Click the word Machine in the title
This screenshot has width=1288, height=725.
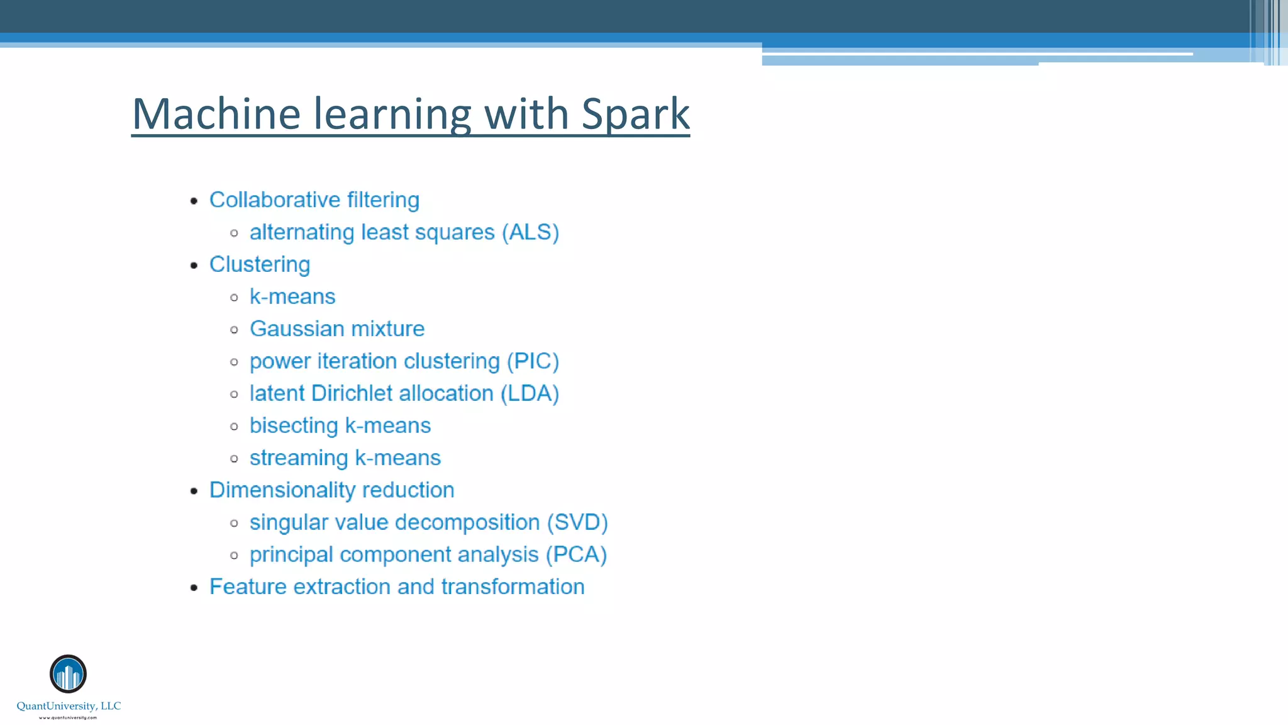216,115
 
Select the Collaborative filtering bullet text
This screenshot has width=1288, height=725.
314,200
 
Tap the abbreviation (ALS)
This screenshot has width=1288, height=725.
530,232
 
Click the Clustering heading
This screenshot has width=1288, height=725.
259,264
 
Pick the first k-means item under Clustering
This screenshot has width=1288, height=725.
292,296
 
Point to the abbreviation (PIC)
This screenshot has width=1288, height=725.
533,361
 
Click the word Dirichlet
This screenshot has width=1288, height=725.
352,393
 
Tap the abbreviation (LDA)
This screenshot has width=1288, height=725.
530,393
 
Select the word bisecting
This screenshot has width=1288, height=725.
294,425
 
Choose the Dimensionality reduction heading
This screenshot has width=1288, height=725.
331,490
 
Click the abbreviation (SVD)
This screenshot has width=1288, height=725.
577,522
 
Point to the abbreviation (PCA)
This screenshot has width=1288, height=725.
576,554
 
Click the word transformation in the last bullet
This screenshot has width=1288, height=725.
513,587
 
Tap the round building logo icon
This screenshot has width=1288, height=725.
68,674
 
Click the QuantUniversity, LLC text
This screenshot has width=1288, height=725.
69,706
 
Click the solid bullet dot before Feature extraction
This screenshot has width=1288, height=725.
194,588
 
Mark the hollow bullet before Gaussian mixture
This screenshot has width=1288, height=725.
235,330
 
